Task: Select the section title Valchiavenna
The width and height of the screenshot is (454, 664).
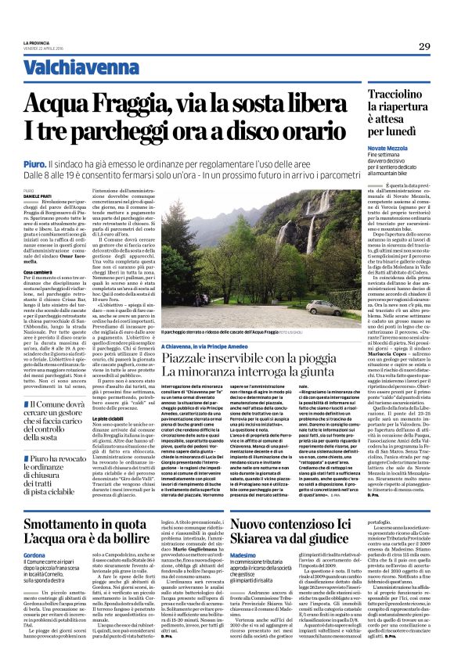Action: click(70, 68)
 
